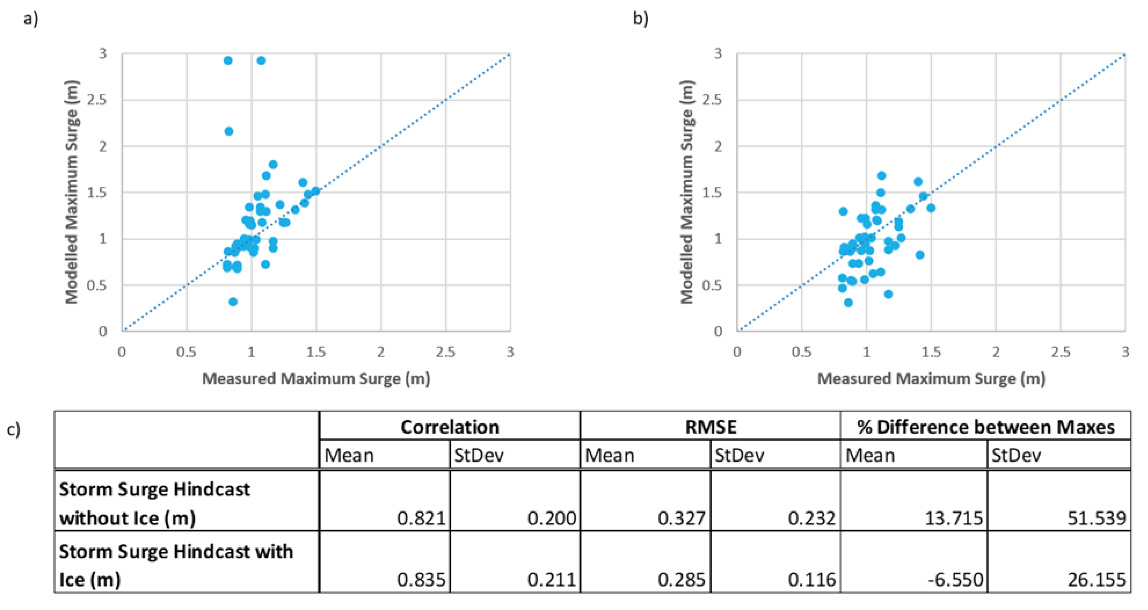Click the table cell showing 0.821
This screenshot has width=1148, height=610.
(x=421, y=518)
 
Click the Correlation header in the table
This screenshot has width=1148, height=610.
(x=450, y=427)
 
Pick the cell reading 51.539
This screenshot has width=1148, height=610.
(x=1096, y=518)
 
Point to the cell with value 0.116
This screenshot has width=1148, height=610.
(x=811, y=579)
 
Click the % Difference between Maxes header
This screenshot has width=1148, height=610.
(x=985, y=427)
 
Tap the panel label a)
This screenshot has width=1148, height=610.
(x=31, y=19)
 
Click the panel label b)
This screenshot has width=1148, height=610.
(x=640, y=19)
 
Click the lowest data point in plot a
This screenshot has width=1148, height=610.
(x=233, y=302)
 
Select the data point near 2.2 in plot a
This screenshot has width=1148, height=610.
(x=229, y=131)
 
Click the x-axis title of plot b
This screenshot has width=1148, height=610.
(x=931, y=378)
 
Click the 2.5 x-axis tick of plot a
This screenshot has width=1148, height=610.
(x=445, y=352)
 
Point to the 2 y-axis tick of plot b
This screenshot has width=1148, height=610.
(x=717, y=146)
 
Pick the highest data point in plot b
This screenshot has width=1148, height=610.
(x=881, y=176)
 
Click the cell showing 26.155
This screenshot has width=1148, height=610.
(x=1096, y=579)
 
